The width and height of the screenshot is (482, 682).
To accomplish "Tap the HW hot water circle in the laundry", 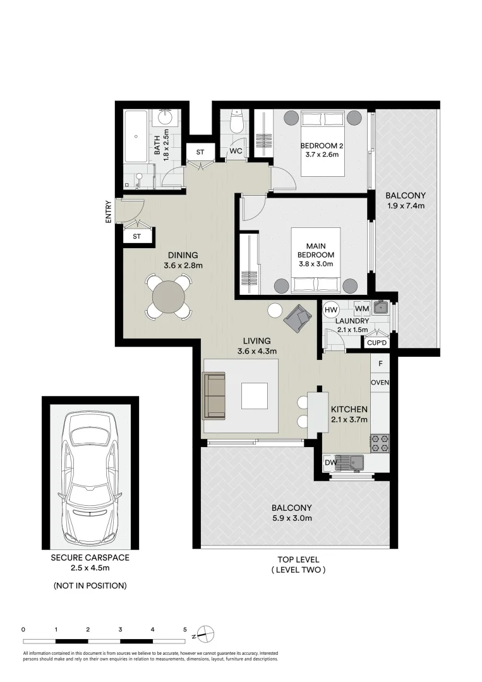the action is [332, 309].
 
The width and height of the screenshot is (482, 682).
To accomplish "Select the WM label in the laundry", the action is [362, 309].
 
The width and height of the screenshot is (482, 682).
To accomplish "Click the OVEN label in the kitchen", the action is [380, 383].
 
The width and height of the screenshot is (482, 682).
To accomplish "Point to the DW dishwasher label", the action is [330, 462].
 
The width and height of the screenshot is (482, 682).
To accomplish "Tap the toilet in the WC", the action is [236, 123].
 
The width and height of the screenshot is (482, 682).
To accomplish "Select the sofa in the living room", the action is [214, 396].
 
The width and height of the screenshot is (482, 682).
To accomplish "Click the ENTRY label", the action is [108, 212].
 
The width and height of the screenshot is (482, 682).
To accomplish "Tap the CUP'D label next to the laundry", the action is [377, 343].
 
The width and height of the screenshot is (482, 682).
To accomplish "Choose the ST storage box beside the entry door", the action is [137, 237].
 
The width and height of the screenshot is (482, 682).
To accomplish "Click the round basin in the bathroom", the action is [166, 117].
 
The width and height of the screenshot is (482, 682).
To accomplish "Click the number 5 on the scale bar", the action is [185, 630].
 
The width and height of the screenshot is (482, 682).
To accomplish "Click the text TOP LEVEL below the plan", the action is [298, 559].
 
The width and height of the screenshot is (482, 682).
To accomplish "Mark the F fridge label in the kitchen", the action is [380, 364].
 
